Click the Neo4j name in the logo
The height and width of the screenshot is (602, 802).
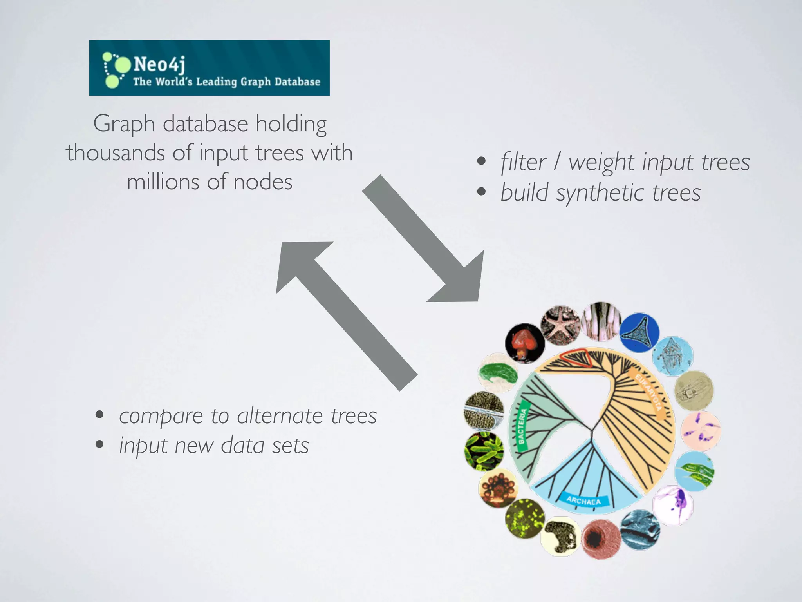click(x=159, y=64)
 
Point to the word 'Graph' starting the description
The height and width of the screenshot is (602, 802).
click(x=124, y=124)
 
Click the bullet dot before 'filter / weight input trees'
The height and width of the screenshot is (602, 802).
click(x=481, y=161)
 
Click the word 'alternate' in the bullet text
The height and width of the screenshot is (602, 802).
click(x=280, y=416)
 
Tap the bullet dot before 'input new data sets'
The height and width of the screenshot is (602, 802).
click(x=99, y=444)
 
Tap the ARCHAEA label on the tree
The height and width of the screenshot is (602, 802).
click(x=583, y=500)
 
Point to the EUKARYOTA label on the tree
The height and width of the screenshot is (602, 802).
click(x=648, y=392)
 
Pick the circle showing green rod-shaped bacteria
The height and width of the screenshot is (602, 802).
click(x=484, y=451)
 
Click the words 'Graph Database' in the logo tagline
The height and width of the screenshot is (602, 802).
click(x=280, y=82)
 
